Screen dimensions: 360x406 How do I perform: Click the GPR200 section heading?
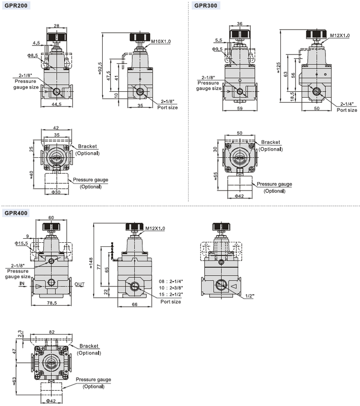(x=16, y=5)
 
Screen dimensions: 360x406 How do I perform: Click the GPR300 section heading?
(x=206, y=5)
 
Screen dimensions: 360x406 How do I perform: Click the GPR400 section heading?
(x=16, y=213)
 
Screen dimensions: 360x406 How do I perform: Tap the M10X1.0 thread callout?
(x=161, y=41)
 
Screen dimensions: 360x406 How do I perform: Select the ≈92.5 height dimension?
(x=100, y=68)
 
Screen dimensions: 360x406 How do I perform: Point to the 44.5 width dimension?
(x=57, y=104)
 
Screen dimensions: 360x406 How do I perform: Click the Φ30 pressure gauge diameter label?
(x=56, y=192)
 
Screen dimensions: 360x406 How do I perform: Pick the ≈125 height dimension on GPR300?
(x=279, y=67)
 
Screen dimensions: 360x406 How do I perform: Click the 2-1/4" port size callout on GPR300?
(x=347, y=104)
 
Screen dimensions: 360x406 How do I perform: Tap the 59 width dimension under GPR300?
(x=240, y=108)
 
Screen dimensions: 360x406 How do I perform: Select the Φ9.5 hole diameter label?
(x=217, y=49)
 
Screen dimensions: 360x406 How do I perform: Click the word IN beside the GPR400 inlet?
(x=22, y=283)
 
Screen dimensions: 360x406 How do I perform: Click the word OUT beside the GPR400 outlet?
(x=80, y=284)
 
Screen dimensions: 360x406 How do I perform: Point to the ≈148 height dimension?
(x=91, y=263)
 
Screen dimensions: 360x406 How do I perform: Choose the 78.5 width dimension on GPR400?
(x=52, y=303)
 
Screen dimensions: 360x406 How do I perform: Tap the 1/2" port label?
(x=250, y=296)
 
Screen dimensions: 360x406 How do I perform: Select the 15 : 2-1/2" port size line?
(x=171, y=294)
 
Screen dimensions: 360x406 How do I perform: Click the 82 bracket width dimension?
(x=52, y=332)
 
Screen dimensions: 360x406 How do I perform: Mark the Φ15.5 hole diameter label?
(x=21, y=243)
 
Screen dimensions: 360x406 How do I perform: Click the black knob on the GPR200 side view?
(x=140, y=37)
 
